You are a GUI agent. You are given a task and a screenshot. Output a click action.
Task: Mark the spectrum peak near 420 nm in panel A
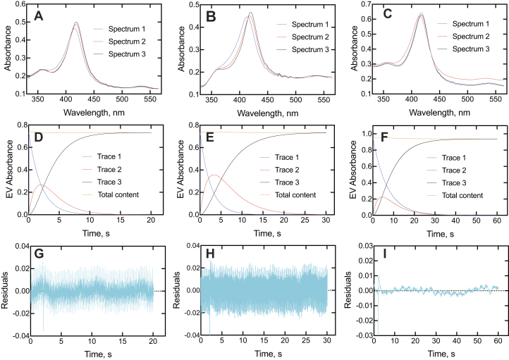click(76, 23)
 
